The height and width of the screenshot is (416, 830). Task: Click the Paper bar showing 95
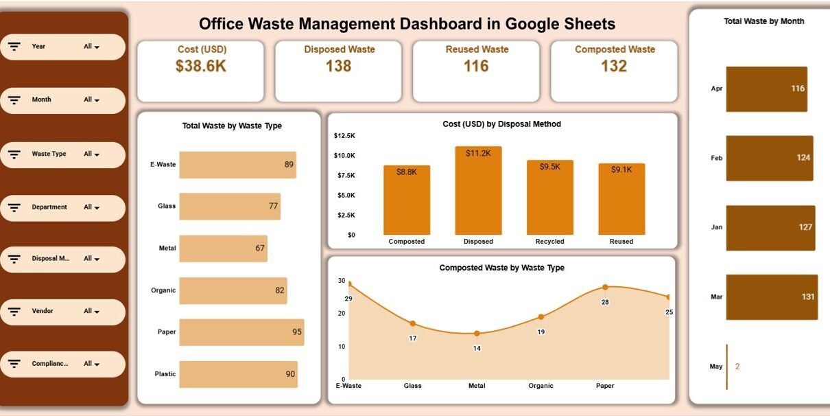(241, 332)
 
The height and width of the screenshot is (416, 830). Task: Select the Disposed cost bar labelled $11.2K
(478, 190)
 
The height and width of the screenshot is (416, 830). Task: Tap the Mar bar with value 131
(772, 297)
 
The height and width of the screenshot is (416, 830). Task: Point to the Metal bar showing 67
(223, 249)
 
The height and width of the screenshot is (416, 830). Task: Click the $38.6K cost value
(201, 66)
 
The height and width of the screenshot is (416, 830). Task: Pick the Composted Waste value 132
(614, 66)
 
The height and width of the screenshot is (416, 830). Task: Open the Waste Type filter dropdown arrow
(97, 155)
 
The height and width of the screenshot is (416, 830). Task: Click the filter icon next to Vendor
(14, 312)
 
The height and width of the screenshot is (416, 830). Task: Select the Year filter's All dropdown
(91, 47)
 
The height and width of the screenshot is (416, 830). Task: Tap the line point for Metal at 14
(477, 334)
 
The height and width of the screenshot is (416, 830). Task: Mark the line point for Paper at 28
(605, 287)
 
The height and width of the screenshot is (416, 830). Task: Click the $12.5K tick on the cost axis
(344, 136)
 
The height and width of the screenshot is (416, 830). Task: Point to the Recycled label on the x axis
(549, 242)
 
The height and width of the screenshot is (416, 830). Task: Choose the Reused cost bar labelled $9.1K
(621, 199)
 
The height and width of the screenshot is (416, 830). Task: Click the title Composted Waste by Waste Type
(501, 268)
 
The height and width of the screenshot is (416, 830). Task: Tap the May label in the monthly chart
(716, 367)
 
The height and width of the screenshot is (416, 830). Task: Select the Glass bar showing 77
(230, 206)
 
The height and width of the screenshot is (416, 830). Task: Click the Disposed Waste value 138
(338, 66)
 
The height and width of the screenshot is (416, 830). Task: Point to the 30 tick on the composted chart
(342, 281)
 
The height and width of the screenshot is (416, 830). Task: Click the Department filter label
(49, 207)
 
